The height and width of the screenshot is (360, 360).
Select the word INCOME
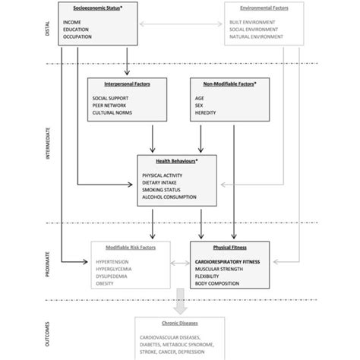(x=74, y=22)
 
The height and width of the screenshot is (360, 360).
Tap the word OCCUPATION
(x=79, y=36)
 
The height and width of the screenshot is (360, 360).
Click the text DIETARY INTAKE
(x=162, y=182)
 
